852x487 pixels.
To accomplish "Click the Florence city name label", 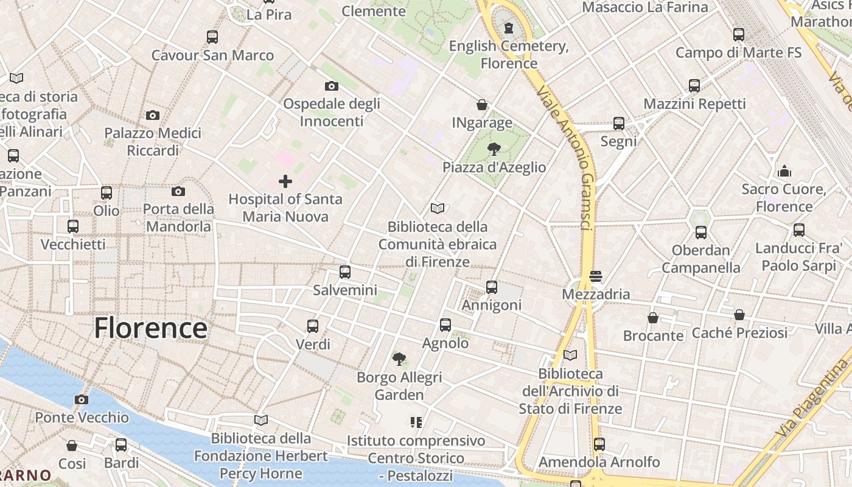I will tap(150, 328).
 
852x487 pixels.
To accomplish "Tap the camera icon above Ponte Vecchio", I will tap(82, 399).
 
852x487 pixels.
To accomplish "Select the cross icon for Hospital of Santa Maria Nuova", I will tap(285, 181).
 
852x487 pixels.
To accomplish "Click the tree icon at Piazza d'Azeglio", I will tap(494, 149).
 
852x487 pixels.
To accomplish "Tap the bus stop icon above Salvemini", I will tap(345, 272).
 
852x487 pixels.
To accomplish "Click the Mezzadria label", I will tap(596, 294).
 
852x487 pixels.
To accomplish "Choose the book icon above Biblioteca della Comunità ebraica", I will tap(438, 209).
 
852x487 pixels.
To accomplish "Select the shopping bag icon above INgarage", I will tap(482, 105).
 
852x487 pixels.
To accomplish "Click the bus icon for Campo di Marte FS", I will tap(739, 35).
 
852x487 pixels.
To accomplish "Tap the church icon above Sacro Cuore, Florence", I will tap(784, 171).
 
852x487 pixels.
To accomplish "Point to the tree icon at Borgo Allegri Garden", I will tap(399, 359).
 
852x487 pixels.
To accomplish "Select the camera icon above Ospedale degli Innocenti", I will tap(332, 86).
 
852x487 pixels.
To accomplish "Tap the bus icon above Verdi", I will tap(313, 326).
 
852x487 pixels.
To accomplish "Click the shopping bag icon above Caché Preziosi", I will tap(739, 315).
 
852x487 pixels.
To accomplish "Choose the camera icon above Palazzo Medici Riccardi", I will tap(153, 115).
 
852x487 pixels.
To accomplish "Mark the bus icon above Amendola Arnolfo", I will tap(599, 444).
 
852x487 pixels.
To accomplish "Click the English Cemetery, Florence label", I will tap(509, 55).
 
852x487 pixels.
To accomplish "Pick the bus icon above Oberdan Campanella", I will tap(701, 232).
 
